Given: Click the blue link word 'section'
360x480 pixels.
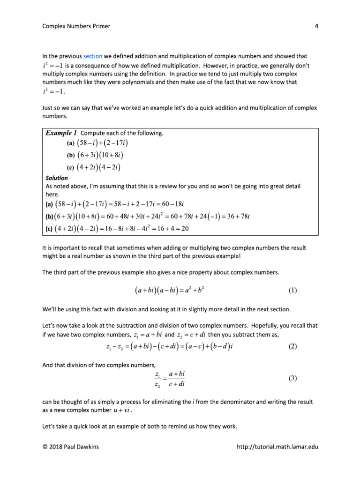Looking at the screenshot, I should pos(92,56).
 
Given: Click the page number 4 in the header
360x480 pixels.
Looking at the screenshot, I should pos(316,26).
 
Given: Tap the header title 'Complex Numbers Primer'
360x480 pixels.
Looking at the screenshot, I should pos(76,26).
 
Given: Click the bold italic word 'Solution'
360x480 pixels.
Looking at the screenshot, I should pos(56,178).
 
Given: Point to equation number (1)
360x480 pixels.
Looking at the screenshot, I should pos(292,290).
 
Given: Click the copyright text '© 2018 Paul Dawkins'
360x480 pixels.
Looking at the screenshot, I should pos(69,447).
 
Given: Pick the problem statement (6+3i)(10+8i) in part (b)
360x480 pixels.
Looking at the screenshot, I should pos(98,155).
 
